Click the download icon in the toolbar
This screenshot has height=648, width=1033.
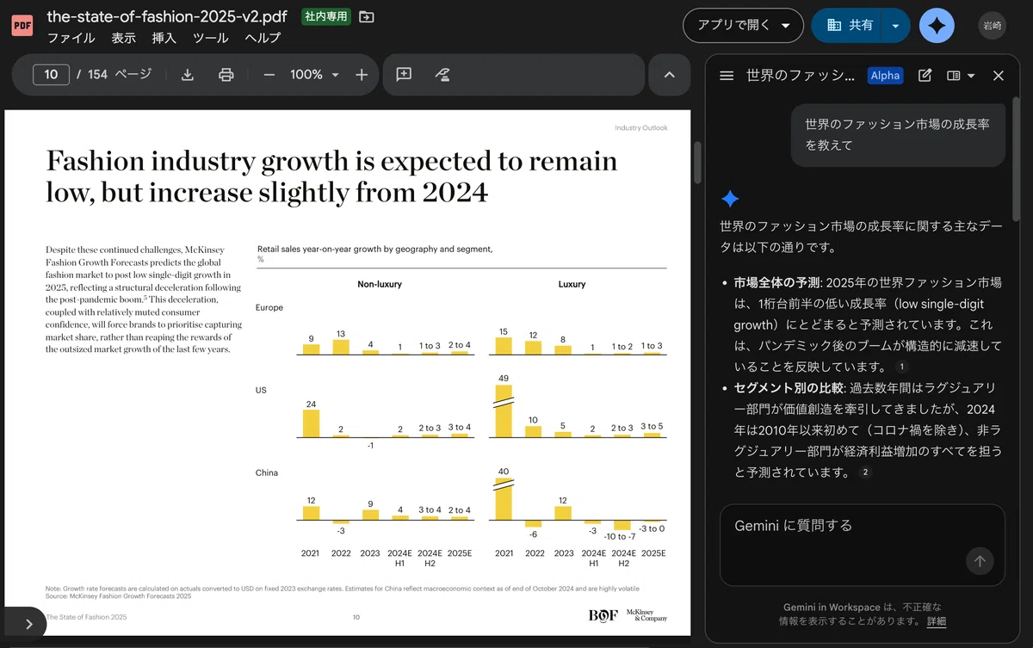tap(188, 75)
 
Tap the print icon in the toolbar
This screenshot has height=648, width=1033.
tap(226, 75)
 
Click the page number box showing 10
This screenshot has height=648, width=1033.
tap(51, 75)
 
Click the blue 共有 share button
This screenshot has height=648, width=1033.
tap(845, 25)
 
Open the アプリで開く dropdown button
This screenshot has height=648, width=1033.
tap(743, 25)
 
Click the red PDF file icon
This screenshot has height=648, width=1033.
tap(22, 25)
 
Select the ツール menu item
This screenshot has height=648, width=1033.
tap(210, 38)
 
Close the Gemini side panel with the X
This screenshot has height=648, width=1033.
tap(998, 76)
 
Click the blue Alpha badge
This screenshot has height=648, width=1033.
tap(885, 76)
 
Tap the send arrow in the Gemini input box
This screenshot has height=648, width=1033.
tap(980, 561)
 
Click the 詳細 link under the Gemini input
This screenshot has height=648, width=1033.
tap(937, 621)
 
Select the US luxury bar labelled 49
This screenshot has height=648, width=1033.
tap(504, 411)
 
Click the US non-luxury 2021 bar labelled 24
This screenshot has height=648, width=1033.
tap(311, 423)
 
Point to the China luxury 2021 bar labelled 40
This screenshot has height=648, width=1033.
tap(504, 499)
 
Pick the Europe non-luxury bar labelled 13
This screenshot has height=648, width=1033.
tap(341, 347)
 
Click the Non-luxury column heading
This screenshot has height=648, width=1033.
tap(380, 284)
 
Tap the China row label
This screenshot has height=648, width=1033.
tap(267, 472)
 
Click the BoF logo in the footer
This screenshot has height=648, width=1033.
tap(603, 616)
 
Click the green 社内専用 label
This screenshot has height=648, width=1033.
tap(325, 17)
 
